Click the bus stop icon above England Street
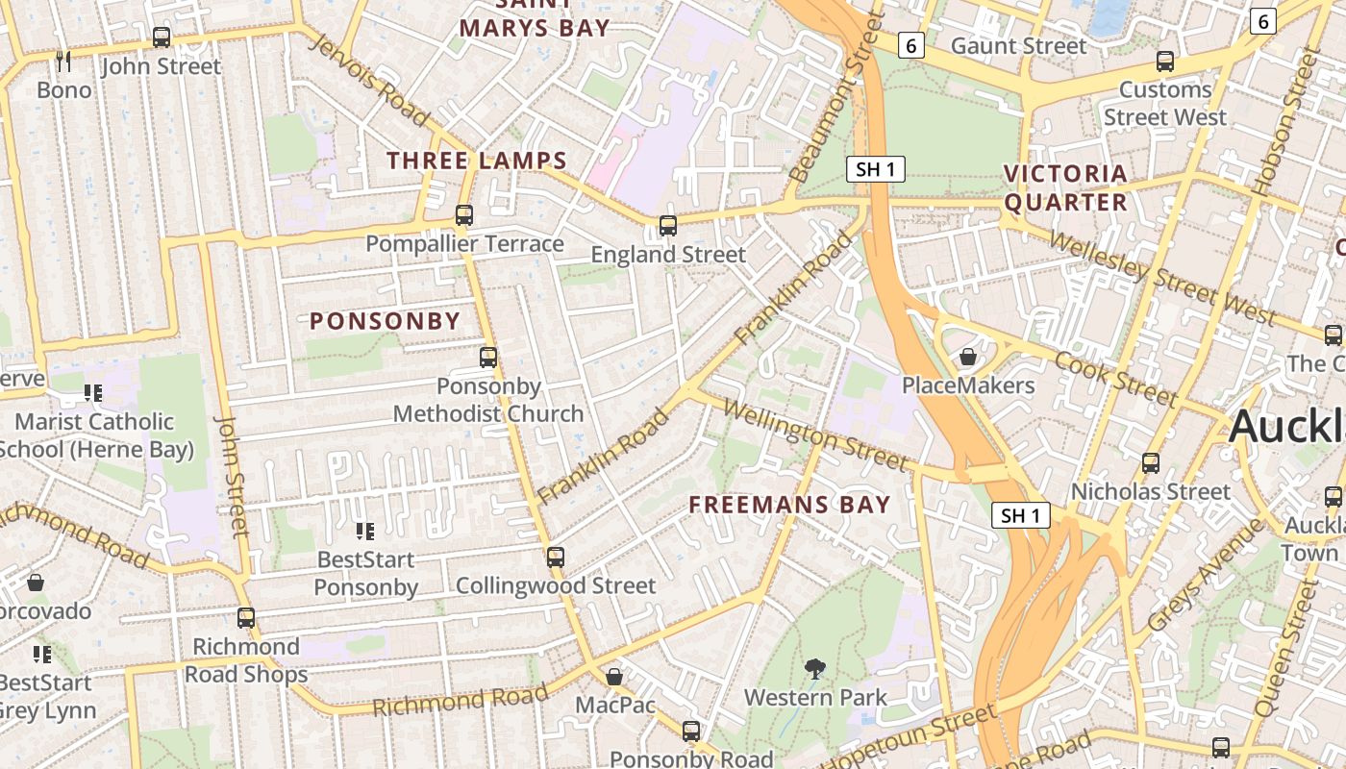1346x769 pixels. click(667, 226)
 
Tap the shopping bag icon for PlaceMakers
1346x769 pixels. click(967, 357)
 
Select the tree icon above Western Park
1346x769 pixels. click(815, 668)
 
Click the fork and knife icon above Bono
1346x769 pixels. click(64, 62)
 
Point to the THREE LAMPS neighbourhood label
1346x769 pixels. click(477, 161)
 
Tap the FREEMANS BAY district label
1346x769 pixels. click(789, 505)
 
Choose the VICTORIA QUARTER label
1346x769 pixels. click(1065, 187)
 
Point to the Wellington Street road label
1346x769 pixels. click(814, 435)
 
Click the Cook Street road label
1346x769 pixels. click(1115, 378)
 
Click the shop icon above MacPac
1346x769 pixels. click(614, 677)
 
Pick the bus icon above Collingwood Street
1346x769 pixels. click(555, 557)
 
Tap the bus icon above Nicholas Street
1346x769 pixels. click(1151, 463)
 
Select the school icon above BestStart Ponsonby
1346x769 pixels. click(364, 531)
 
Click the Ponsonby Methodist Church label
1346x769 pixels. click(488, 400)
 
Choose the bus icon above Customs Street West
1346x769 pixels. click(1165, 62)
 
